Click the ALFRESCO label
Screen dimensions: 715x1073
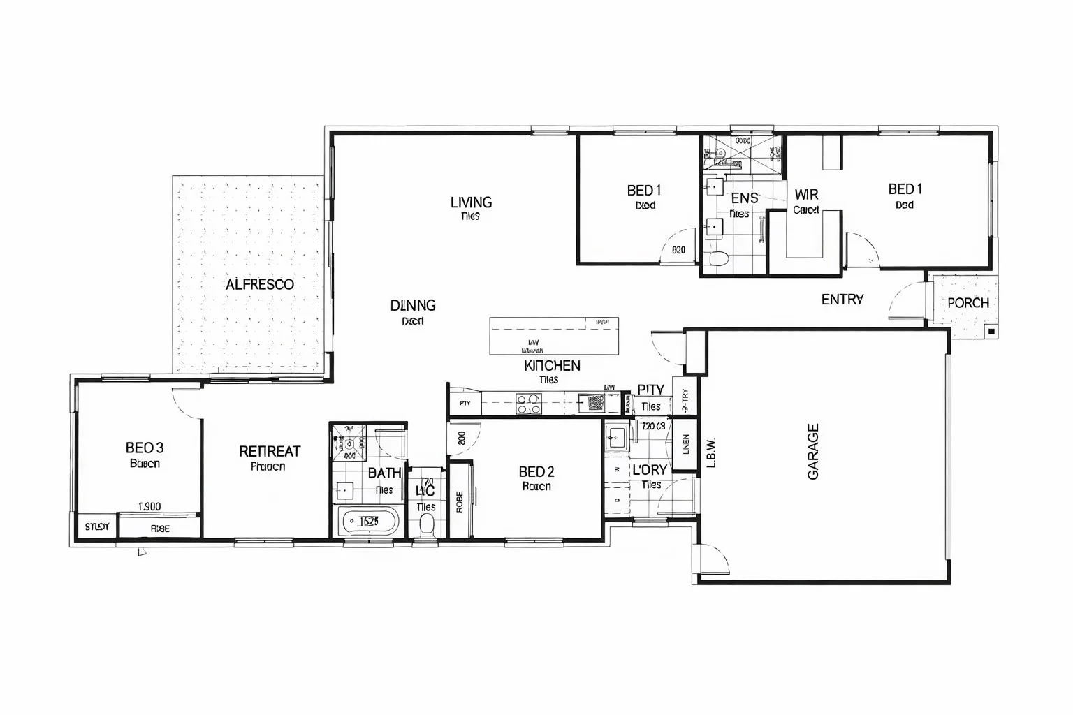259,285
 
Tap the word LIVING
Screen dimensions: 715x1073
471,202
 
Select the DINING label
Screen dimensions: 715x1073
413,306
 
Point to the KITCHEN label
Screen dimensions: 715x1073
552,366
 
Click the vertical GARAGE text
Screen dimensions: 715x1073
813,452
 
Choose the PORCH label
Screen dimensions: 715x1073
968,303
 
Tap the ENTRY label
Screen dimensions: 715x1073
842,300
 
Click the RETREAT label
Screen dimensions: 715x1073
270,452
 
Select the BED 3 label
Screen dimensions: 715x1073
145,448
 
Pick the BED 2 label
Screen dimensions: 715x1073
536,472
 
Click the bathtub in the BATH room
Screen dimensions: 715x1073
368,521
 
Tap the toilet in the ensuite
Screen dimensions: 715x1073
718,259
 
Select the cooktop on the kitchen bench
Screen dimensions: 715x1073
528,403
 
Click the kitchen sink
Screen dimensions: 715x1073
595,403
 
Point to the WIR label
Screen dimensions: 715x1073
806,195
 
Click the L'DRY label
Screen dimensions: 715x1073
650,470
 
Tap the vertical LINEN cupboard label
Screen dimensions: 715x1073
686,445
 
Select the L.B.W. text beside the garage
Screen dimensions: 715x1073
711,452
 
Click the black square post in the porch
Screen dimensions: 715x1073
991,332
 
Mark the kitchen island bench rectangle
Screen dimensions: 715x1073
553,336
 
